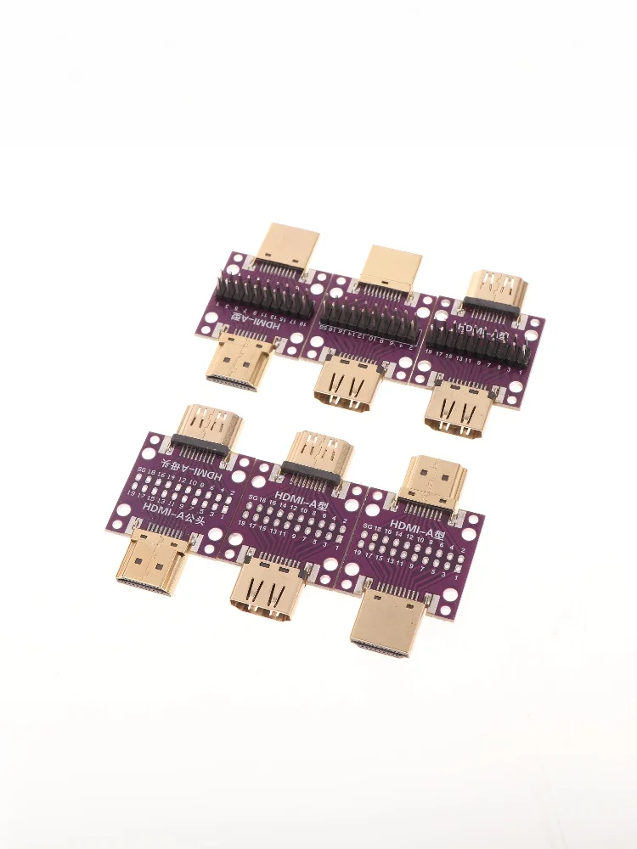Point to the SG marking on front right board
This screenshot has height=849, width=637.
tap(367, 527)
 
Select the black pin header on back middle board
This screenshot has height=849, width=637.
tap(367, 318)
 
